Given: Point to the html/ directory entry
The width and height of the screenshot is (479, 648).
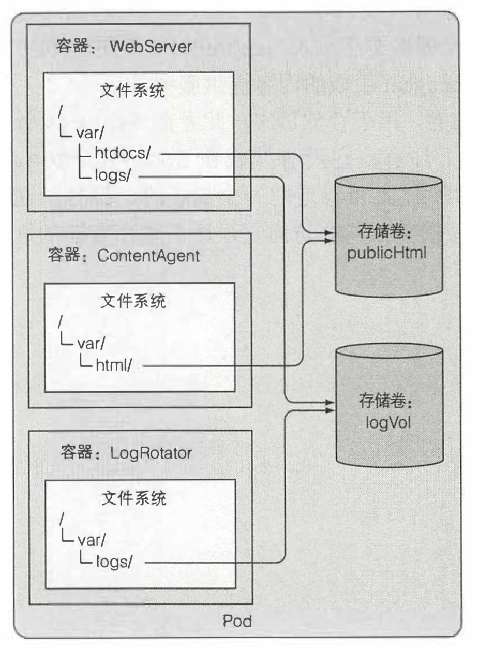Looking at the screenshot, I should (x=118, y=366).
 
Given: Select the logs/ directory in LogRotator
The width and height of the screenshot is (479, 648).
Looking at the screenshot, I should (x=118, y=562).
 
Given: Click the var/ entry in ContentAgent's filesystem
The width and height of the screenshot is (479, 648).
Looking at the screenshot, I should (x=91, y=343).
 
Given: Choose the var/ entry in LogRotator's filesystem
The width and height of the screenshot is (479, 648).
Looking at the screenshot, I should (x=91, y=540).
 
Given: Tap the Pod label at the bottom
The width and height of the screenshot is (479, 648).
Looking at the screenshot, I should (x=237, y=621).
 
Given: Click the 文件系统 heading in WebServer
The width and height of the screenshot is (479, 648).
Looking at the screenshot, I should (x=132, y=92).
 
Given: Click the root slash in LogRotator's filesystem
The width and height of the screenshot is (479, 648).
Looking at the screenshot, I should (x=62, y=519).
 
